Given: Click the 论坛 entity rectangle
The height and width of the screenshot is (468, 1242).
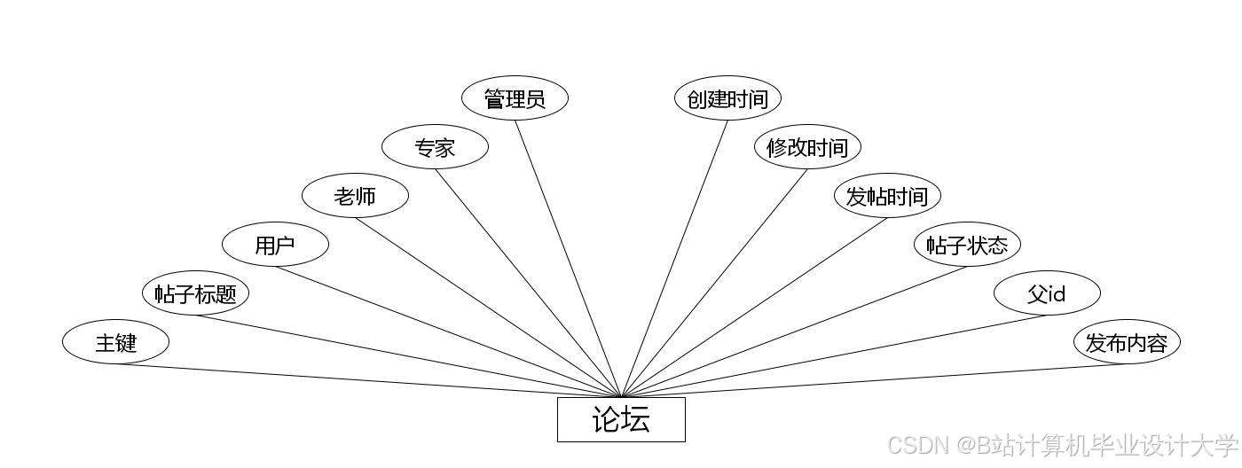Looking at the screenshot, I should click(621, 419).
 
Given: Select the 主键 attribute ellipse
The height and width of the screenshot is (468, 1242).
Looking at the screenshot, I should click(115, 342).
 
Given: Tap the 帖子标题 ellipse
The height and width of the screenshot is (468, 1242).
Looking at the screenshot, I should click(195, 293).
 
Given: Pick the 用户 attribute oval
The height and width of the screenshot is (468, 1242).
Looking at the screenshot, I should click(275, 245).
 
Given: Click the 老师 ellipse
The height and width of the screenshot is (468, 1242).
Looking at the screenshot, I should click(355, 196).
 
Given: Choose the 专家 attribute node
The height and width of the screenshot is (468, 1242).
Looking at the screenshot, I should click(435, 147).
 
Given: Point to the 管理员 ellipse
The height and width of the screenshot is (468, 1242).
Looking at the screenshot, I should click(515, 98).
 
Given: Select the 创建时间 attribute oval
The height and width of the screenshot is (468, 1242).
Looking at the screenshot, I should click(727, 98).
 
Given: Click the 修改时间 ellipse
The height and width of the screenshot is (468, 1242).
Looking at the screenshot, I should click(807, 147).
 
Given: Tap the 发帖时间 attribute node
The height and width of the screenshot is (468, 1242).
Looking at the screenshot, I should click(887, 196).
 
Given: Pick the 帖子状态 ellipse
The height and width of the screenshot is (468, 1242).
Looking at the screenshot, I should click(967, 245).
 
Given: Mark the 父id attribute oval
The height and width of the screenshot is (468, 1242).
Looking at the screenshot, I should click(1047, 293).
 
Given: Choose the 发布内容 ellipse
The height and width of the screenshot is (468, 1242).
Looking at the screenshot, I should click(1127, 342).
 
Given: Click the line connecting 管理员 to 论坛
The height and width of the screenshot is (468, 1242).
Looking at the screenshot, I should click(568, 257).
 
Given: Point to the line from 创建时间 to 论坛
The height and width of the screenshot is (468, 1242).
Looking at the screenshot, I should click(674, 257).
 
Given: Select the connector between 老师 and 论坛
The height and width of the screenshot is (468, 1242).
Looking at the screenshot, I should click(488, 307).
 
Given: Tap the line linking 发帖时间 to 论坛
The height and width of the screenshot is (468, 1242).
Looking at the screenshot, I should click(754, 307).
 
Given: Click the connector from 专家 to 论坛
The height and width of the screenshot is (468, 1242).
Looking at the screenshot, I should click(528, 282).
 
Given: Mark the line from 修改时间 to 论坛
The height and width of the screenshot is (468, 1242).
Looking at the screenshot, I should click(714, 282).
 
